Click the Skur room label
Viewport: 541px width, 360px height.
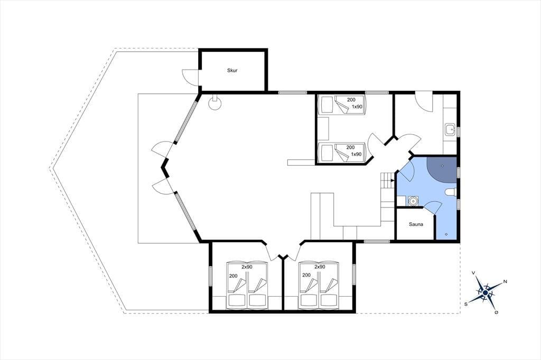[232, 70]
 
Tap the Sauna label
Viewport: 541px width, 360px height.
[416, 224]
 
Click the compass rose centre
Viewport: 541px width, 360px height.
[486, 293]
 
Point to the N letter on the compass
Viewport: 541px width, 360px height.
[505, 282]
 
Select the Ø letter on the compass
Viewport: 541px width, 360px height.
[496, 312]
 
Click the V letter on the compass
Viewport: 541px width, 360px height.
[474, 273]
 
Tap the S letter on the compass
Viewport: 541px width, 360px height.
[466, 304]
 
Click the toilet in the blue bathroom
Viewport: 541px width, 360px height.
[451, 192]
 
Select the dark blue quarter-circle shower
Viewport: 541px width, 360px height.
[441, 169]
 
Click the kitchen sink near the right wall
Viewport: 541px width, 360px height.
[450, 129]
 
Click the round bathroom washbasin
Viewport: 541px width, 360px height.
[413, 201]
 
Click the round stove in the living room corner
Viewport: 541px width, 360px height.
[214, 103]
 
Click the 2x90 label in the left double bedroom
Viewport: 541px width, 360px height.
[247, 267]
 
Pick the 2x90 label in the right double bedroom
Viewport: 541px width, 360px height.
[320, 267]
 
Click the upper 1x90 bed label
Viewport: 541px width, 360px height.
[357, 107]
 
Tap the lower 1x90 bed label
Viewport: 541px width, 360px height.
[357, 154]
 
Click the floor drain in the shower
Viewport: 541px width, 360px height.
[442, 166]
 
